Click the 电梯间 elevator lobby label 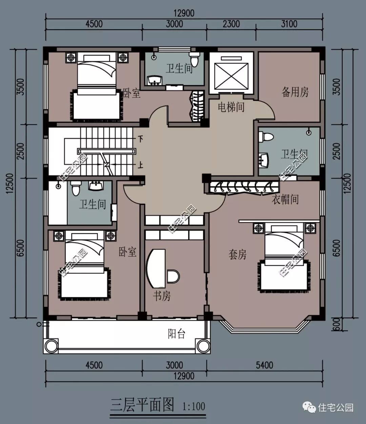click(x=231, y=107)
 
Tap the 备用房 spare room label click(x=295, y=92)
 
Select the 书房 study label click(x=162, y=296)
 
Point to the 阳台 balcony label click(x=177, y=334)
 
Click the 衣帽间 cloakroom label click(x=285, y=199)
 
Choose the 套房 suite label click(x=237, y=255)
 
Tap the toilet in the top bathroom click(x=194, y=59)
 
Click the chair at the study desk click(x=173, y=276)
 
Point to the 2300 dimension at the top click(x=231, y=24)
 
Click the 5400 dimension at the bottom click(x=264, y=365)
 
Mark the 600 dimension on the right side click(x=337, y=324)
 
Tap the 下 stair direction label click(x=141, y=139)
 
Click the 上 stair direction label click(x=141, y=165)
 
